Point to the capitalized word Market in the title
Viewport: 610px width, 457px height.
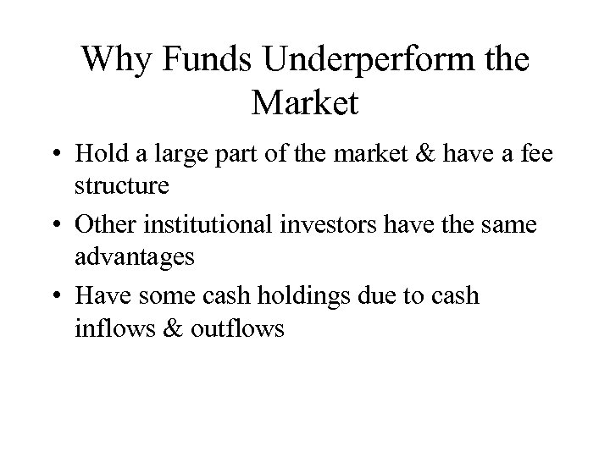[305, 104]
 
